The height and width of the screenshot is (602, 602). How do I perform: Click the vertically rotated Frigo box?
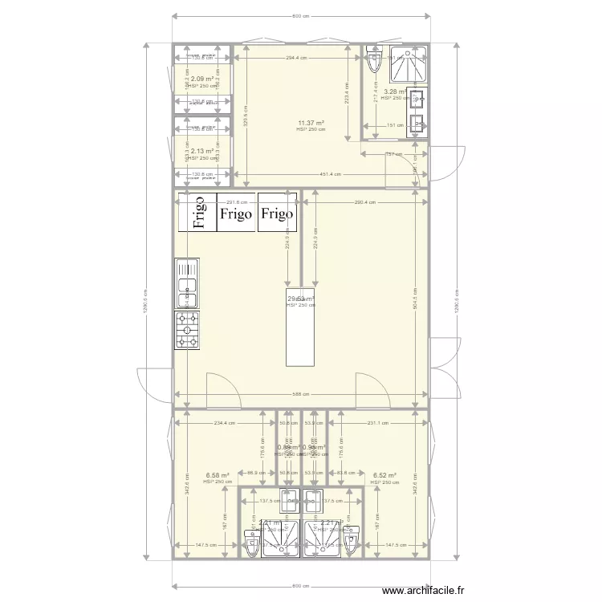[x=196, y=213]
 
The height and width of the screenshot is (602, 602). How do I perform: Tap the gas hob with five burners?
[x=188, y=330]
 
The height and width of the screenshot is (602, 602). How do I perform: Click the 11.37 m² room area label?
[x=311, y=123]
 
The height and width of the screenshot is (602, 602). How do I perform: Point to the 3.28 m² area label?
[x=393, y=92]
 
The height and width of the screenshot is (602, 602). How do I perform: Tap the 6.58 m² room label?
[x=218, y=475]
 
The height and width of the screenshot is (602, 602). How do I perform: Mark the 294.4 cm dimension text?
[x=297, y=58]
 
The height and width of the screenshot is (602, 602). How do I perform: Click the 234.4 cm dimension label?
[x=224, y=423]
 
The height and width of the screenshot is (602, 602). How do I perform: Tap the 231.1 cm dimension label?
[x=377, y=423]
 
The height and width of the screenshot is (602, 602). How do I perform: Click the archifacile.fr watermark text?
[x=423, y=591]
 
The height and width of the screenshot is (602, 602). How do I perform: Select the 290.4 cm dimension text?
[x=364, y=203]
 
